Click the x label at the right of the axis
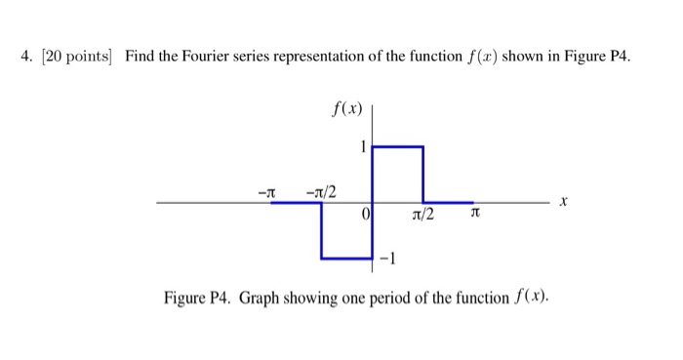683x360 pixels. pos(563,203)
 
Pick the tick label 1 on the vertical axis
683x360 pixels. pos(363,147)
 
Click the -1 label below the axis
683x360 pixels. pos(389,259)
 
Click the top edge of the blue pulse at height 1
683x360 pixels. pos(398,146)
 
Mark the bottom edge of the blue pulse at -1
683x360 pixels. pos(347,259)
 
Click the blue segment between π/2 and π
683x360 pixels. pos(449,203)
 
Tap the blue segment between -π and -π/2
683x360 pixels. pos(295,203)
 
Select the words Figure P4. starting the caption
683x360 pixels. pos(195,297)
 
